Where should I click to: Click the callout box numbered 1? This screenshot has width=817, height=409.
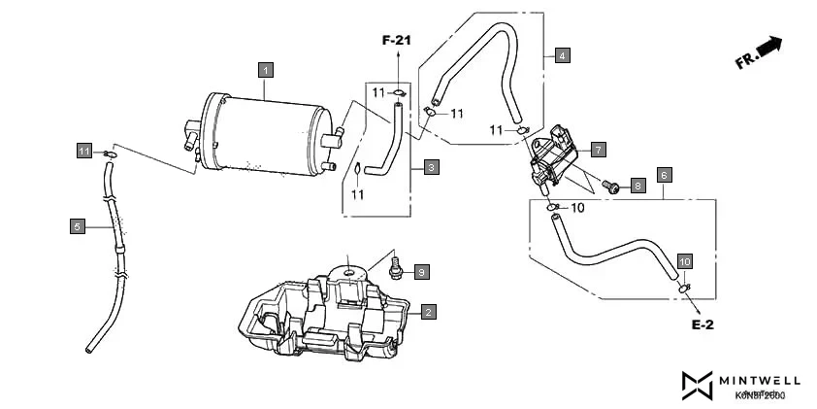pos(266,69)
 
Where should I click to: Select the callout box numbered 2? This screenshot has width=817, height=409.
pos(428,312)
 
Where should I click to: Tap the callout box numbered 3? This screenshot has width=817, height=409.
pos(431,167)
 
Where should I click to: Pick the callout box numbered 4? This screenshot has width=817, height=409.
pos(563,55)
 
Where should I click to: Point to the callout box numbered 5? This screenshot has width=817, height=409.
pos(77,226)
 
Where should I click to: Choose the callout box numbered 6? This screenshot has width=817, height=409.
pos(664,175)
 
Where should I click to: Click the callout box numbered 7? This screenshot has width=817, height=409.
pos(599,150)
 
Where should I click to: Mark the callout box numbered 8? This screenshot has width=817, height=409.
pos(637,185)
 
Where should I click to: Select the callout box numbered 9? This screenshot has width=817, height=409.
pos(422,271)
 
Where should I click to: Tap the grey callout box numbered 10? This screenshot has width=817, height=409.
pos(684,262)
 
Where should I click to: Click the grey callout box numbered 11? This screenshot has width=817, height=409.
pos(84,151)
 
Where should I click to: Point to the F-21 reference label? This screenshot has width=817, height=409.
pos(397,41)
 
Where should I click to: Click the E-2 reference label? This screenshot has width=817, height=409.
pos(703,324)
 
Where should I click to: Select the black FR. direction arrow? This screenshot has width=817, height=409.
pos(768,46)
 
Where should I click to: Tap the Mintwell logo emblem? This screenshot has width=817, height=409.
pos(697,385)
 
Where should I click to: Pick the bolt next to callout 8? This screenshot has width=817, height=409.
pos(612,186)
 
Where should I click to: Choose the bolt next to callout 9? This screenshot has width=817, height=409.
pos(395,266)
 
